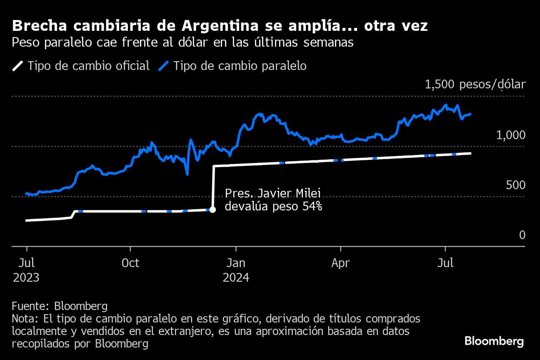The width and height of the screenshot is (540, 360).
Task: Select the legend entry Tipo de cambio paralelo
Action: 240,66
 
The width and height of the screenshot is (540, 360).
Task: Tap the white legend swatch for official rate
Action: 19,66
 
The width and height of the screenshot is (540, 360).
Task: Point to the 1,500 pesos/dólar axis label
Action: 475,85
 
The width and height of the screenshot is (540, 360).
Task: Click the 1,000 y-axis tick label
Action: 511,135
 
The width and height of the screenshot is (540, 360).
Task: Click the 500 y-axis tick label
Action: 516,185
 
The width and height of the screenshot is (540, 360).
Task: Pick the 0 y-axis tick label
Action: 522,235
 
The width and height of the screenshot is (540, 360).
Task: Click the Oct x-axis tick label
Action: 130,263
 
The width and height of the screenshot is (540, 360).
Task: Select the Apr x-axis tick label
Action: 341,263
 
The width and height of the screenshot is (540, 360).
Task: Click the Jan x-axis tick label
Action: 236,263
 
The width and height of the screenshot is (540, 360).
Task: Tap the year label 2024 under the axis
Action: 236,277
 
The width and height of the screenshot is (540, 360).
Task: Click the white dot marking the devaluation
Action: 212,210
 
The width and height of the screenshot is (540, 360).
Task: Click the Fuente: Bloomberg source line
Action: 60,306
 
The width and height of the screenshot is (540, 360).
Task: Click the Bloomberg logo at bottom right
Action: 494,341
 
